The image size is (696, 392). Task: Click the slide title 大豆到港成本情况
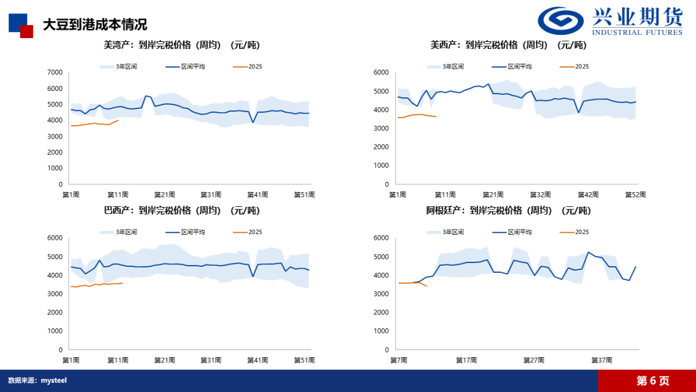click(x=95, y=24)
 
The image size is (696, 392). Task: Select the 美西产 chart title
click(x=508, y=45)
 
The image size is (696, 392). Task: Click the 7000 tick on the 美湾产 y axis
click(x=55, y=72)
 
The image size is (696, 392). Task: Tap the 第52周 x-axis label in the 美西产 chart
click(x=635, y=194)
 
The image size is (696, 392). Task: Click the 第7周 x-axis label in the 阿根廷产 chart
click(x=398, y=360)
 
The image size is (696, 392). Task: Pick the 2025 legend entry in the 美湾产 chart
click(x=255, y=66)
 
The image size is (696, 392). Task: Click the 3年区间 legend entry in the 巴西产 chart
click(x=126, y=231)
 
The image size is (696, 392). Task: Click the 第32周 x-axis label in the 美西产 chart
click(x=540, y=194)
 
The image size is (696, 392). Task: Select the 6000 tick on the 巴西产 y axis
click(x=55, y=239)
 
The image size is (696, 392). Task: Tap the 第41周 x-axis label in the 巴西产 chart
click(x=258, y=360)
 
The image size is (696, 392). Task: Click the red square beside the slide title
click(x=26, y=31)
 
